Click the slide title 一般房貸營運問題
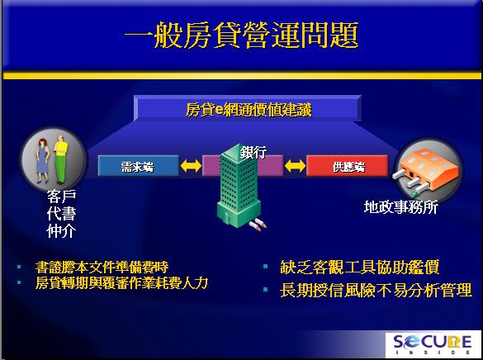pyautogui.click(x=242, y=35)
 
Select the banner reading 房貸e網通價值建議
pyautogui.click(x=248, y=108)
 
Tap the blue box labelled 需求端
pyautogui.click(x=139, y=166)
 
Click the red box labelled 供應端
pyautogui.click(x=347, y=166)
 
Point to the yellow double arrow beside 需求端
pyautogui.click(x=191, y=166)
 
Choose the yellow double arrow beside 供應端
pyautogui.click(x=295, y=166)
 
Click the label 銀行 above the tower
pyautogui.click(x=253, y=152)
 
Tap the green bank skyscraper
pyautogui.click(x=239, y=186)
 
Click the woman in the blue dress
pyautogui.click(x=42, y=160)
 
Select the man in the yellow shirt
pyautogui.click(x=61, y=159)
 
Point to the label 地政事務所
pyautogui.click(x=401, y=207)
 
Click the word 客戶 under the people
pyautogui.click(x=62, y=197)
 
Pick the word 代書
pyautogui.click(x=62, y=214)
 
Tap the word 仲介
pyautogui.click(x=62, y=231)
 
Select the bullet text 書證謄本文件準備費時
pyautogui.click(x=102, y=267)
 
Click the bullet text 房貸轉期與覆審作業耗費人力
pyautogui.click(x=122, y=282)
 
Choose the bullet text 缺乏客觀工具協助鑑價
pyautogui.click(x=360, y=267)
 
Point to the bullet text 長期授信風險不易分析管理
pyautogui.click(x=376, y=290)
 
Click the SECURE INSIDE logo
pyautogui.click(x=433, y=344)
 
